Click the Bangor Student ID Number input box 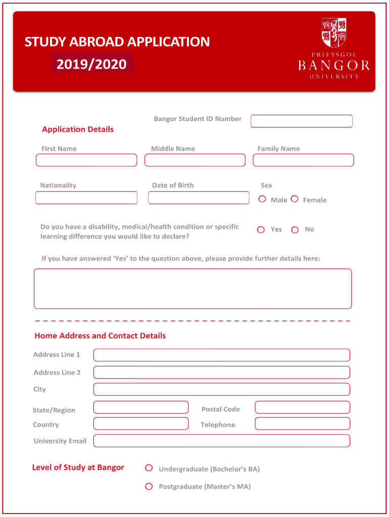pyautogui.click(x=302, y=121)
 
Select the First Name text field pyautogui.click(x=86, y=160)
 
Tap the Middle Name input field pyautogui.click(x=195, y=160)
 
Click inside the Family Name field pyautogui.click(x=303, y=160)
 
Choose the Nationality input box pyautogui.click(x=86, y=198)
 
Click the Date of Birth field pyautogui.click(x=199, y=198)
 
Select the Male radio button pyautogui.click(x=262, y=199)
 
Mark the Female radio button pyautogui.click(x=295, y=199)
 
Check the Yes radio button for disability pyautogui.click(x=261, y=230)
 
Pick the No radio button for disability pyautogui.click(x=295, y=230)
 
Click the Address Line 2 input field pyautogui.click(x=221, y=373)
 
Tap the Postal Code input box pyautogui.click(x=302, y=407)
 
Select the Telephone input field pyautogui.click(x=302, y=424)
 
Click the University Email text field pyautogui.click(x=221, y=441)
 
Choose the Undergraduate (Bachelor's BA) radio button pyautogui.click(x=149, y=468)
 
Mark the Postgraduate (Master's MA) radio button pyautogui.click(x=149, y=487)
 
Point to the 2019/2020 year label pyautogui.click(x=91, y=64)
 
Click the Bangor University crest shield pyautogui.click(x=334, y=31)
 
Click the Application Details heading pyautogui.click(x=78, y=129)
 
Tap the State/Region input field pyautogui.click(x=141, y=407)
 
